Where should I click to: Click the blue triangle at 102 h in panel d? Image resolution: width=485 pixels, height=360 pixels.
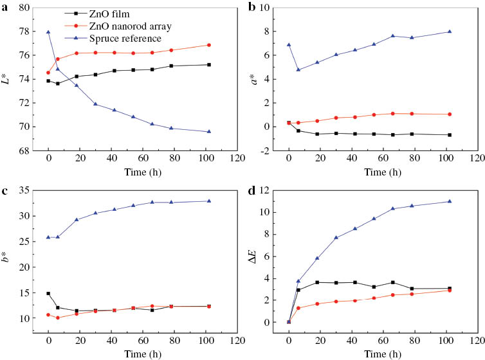(449, 201)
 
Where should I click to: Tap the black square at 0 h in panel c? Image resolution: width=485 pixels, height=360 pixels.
(48, 293)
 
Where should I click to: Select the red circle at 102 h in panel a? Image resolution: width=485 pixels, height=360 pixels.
(209, 45)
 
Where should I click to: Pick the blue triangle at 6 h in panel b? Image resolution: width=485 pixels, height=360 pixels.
(298, 69)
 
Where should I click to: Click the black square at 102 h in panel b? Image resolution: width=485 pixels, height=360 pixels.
(449, 135)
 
